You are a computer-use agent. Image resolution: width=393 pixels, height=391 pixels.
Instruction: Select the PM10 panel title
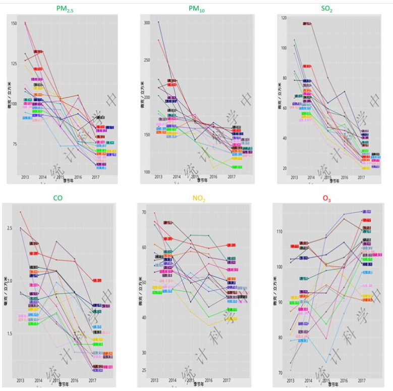pos(198,9)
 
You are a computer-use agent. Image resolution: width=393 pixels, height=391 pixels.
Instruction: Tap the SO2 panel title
pos(326,9)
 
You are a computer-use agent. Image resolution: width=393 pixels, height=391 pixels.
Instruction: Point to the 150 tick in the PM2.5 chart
pos(14,24)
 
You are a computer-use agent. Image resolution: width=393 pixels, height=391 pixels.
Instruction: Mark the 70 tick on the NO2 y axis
pos(143,213)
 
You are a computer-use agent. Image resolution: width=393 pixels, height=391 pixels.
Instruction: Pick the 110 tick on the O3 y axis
pos(278,232)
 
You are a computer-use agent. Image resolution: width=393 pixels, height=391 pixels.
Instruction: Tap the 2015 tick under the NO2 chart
pos(191,380)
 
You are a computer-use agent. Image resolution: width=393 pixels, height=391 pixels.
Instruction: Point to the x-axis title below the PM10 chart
pos(202,180)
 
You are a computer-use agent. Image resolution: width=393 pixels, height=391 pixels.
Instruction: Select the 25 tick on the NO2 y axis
pos(143,370)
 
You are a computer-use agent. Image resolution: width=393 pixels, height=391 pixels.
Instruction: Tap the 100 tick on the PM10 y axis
pos(147,172)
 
